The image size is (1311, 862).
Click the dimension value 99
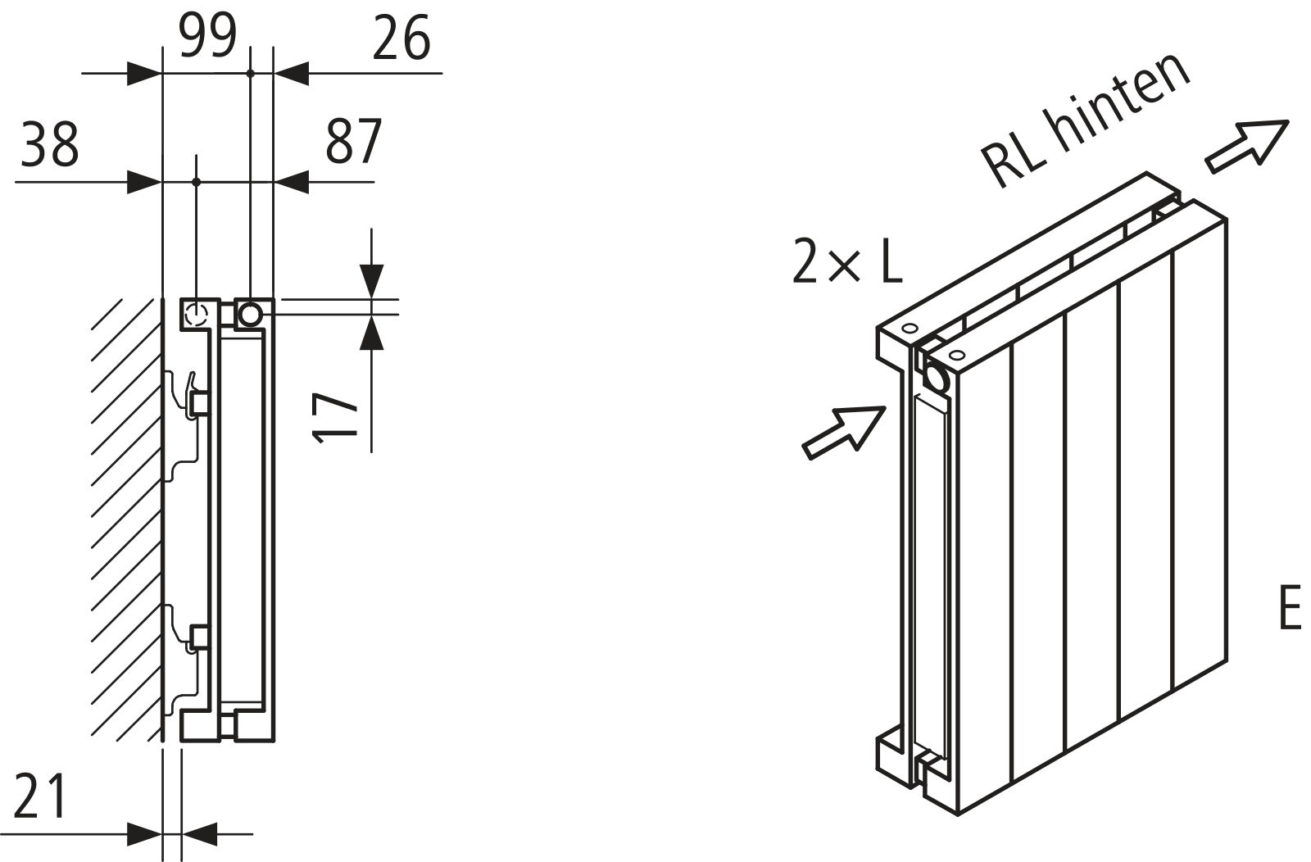(208, 38)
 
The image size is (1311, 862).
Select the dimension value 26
(401, 39)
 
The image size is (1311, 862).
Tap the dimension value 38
(50, 144)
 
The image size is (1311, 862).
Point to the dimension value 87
(354, 142)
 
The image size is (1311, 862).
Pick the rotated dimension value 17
(337, 417)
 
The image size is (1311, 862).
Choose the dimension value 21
(40, 796)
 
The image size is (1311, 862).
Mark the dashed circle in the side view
(197, 313)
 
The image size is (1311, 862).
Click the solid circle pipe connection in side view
(249, 313)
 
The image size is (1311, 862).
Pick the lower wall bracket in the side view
(189, 639)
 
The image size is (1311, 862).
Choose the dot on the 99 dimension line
(250, 74)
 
